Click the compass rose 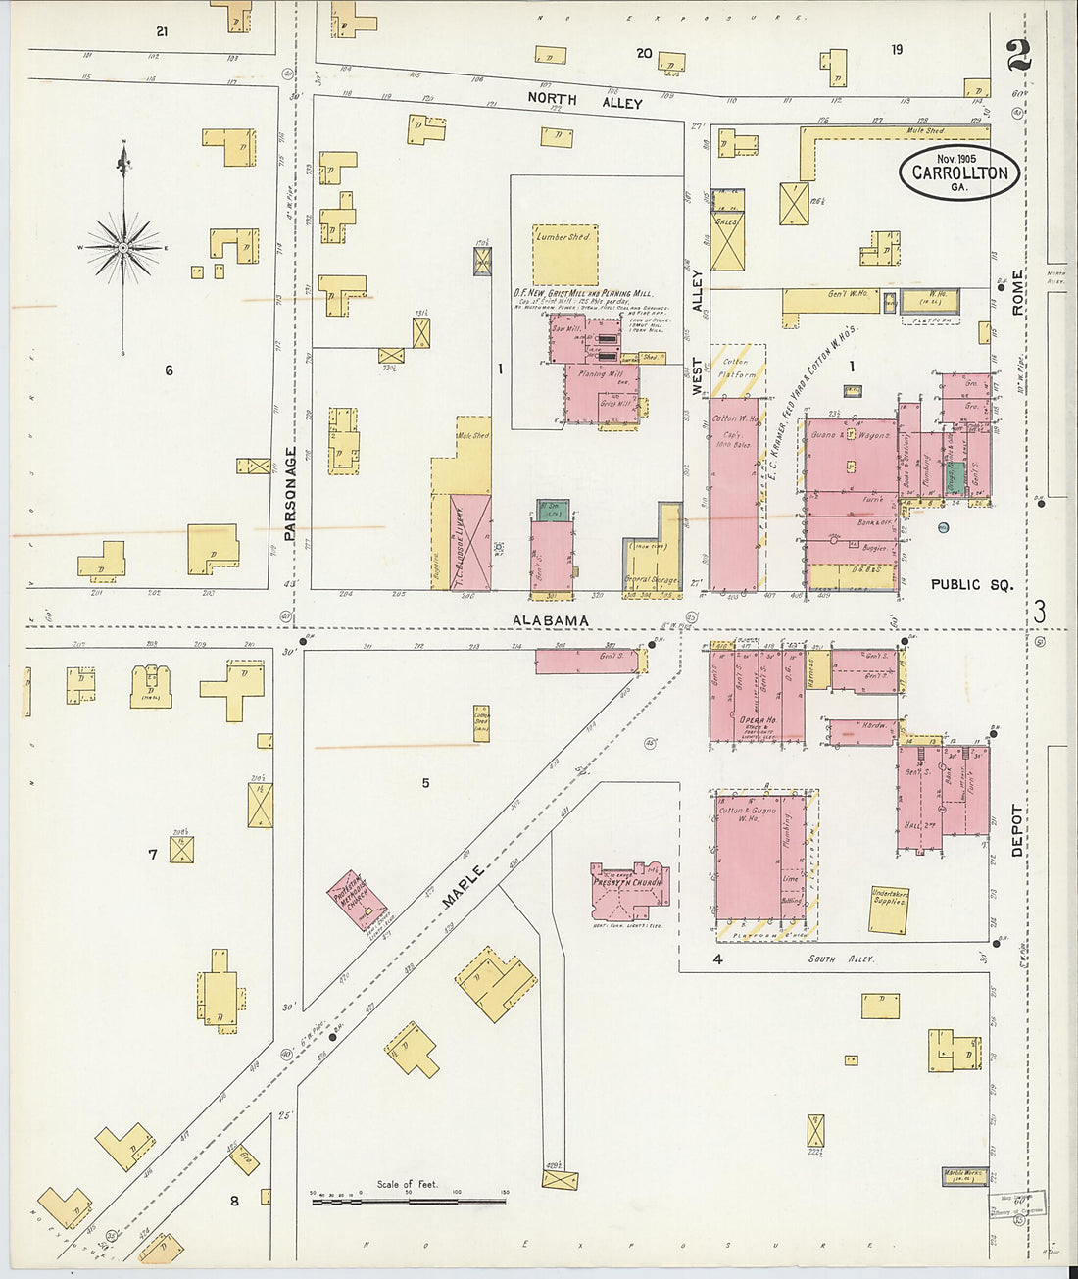tap(123, 248)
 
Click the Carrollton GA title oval tap(959, 172)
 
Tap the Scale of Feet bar tap(408, 1200)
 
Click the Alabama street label tap(552, 620)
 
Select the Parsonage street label tap(290, 494)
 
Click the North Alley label tap(584, 101)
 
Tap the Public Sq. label tap(970, 584)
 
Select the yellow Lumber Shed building tap(564, 255)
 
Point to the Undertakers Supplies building tap(889, 910)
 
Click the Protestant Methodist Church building tap(355, 900)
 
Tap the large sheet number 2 tap(1018, 56)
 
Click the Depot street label tap(1016, 831)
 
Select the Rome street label tap(1017, 292)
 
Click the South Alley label tap(841, 959)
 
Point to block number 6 tap(169, 370)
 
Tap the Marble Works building tap(964, 1175)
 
